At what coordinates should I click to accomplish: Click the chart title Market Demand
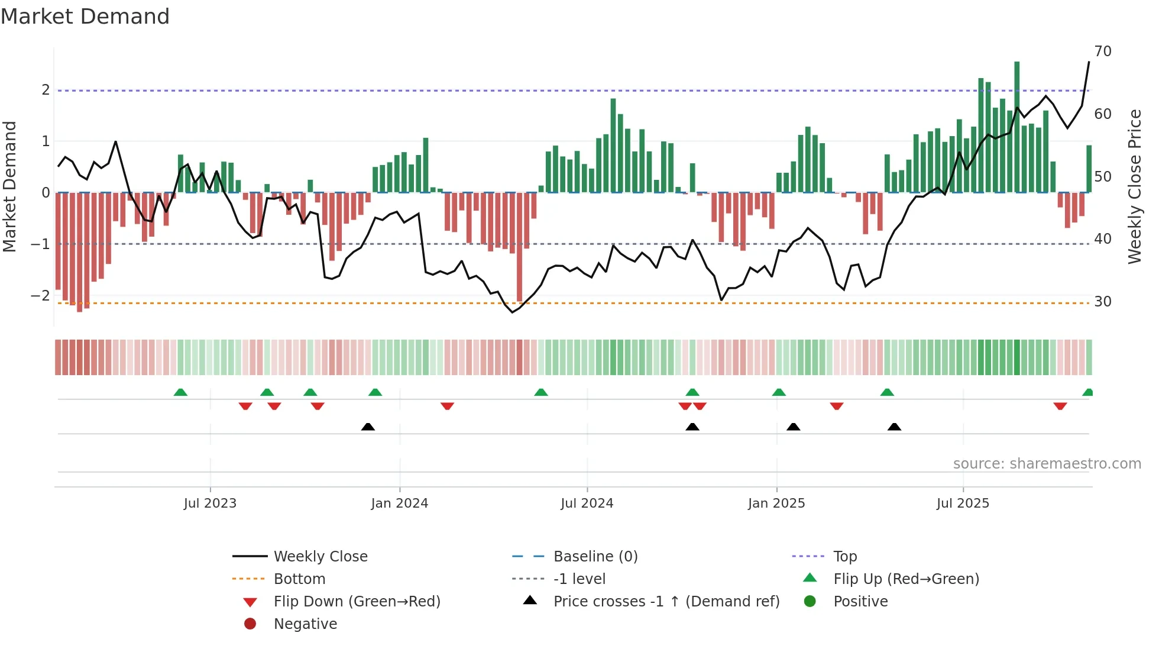pyautogui.click(x=85, y=17)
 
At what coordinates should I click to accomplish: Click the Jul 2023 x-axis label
pyautogui.click(x=210, y=503)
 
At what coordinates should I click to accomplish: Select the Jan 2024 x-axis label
pyautogui.click(x=399, y=503)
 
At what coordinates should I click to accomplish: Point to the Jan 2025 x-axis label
pyautogui.click(x=776, y=503)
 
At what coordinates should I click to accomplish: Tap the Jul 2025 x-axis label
pyautogui.click(x=963, y=503)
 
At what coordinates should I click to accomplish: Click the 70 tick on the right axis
pyautogui.click(x=1102, y=51)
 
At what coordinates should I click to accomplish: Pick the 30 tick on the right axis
pyautogui.click(x=1102, y=302)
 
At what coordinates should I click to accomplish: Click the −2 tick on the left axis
pyautogui.click(x=40, y=295)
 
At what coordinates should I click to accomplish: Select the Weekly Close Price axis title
pyautogui.click(x=1134, y=186)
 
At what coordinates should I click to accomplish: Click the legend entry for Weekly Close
pyautogui.click(x=320, y=557)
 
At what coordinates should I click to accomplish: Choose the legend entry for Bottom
pyautogui.click(x=299, y=579)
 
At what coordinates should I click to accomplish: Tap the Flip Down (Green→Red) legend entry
pyautogui.click(x=357, y=602)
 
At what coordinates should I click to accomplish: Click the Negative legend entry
pyautogui.click(x=305, y=624)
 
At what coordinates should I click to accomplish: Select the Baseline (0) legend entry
pyautogui.click(x=595, y=557)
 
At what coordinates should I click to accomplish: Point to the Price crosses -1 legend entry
pyautogui.click(x=666, y=602)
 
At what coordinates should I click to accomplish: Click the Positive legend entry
pyautogui.click(x=860, y=602)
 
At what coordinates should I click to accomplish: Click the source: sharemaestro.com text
pyautogui.click(x=1047, y=464)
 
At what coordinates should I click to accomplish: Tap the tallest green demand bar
pyautogui.click(x=1016, y=127)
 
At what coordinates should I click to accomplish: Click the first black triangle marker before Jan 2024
pyautogui.click(x=368, y=427)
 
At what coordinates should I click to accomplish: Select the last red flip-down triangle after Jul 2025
pyautogui.click(x=1060, y=406)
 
